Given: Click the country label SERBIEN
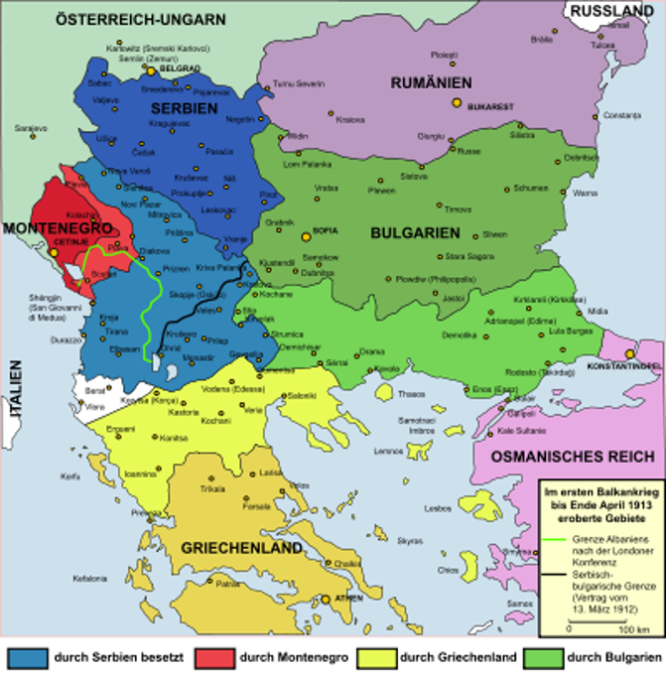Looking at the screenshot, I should click(184, 108).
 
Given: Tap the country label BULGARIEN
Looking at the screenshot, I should click(415, 233).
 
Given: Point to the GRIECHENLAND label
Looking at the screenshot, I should click(241, 548).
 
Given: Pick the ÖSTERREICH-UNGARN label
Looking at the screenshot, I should click(140, 19).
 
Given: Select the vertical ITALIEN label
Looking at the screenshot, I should click(15, 392).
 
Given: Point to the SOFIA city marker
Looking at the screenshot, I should click(305, 235).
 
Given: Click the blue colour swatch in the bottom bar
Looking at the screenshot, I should click(28, 658).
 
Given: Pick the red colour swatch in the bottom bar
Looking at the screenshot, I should click(215, 658).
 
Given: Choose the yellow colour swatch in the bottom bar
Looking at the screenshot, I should click(377, 658).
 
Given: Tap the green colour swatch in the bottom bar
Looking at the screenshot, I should click(543, 658).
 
